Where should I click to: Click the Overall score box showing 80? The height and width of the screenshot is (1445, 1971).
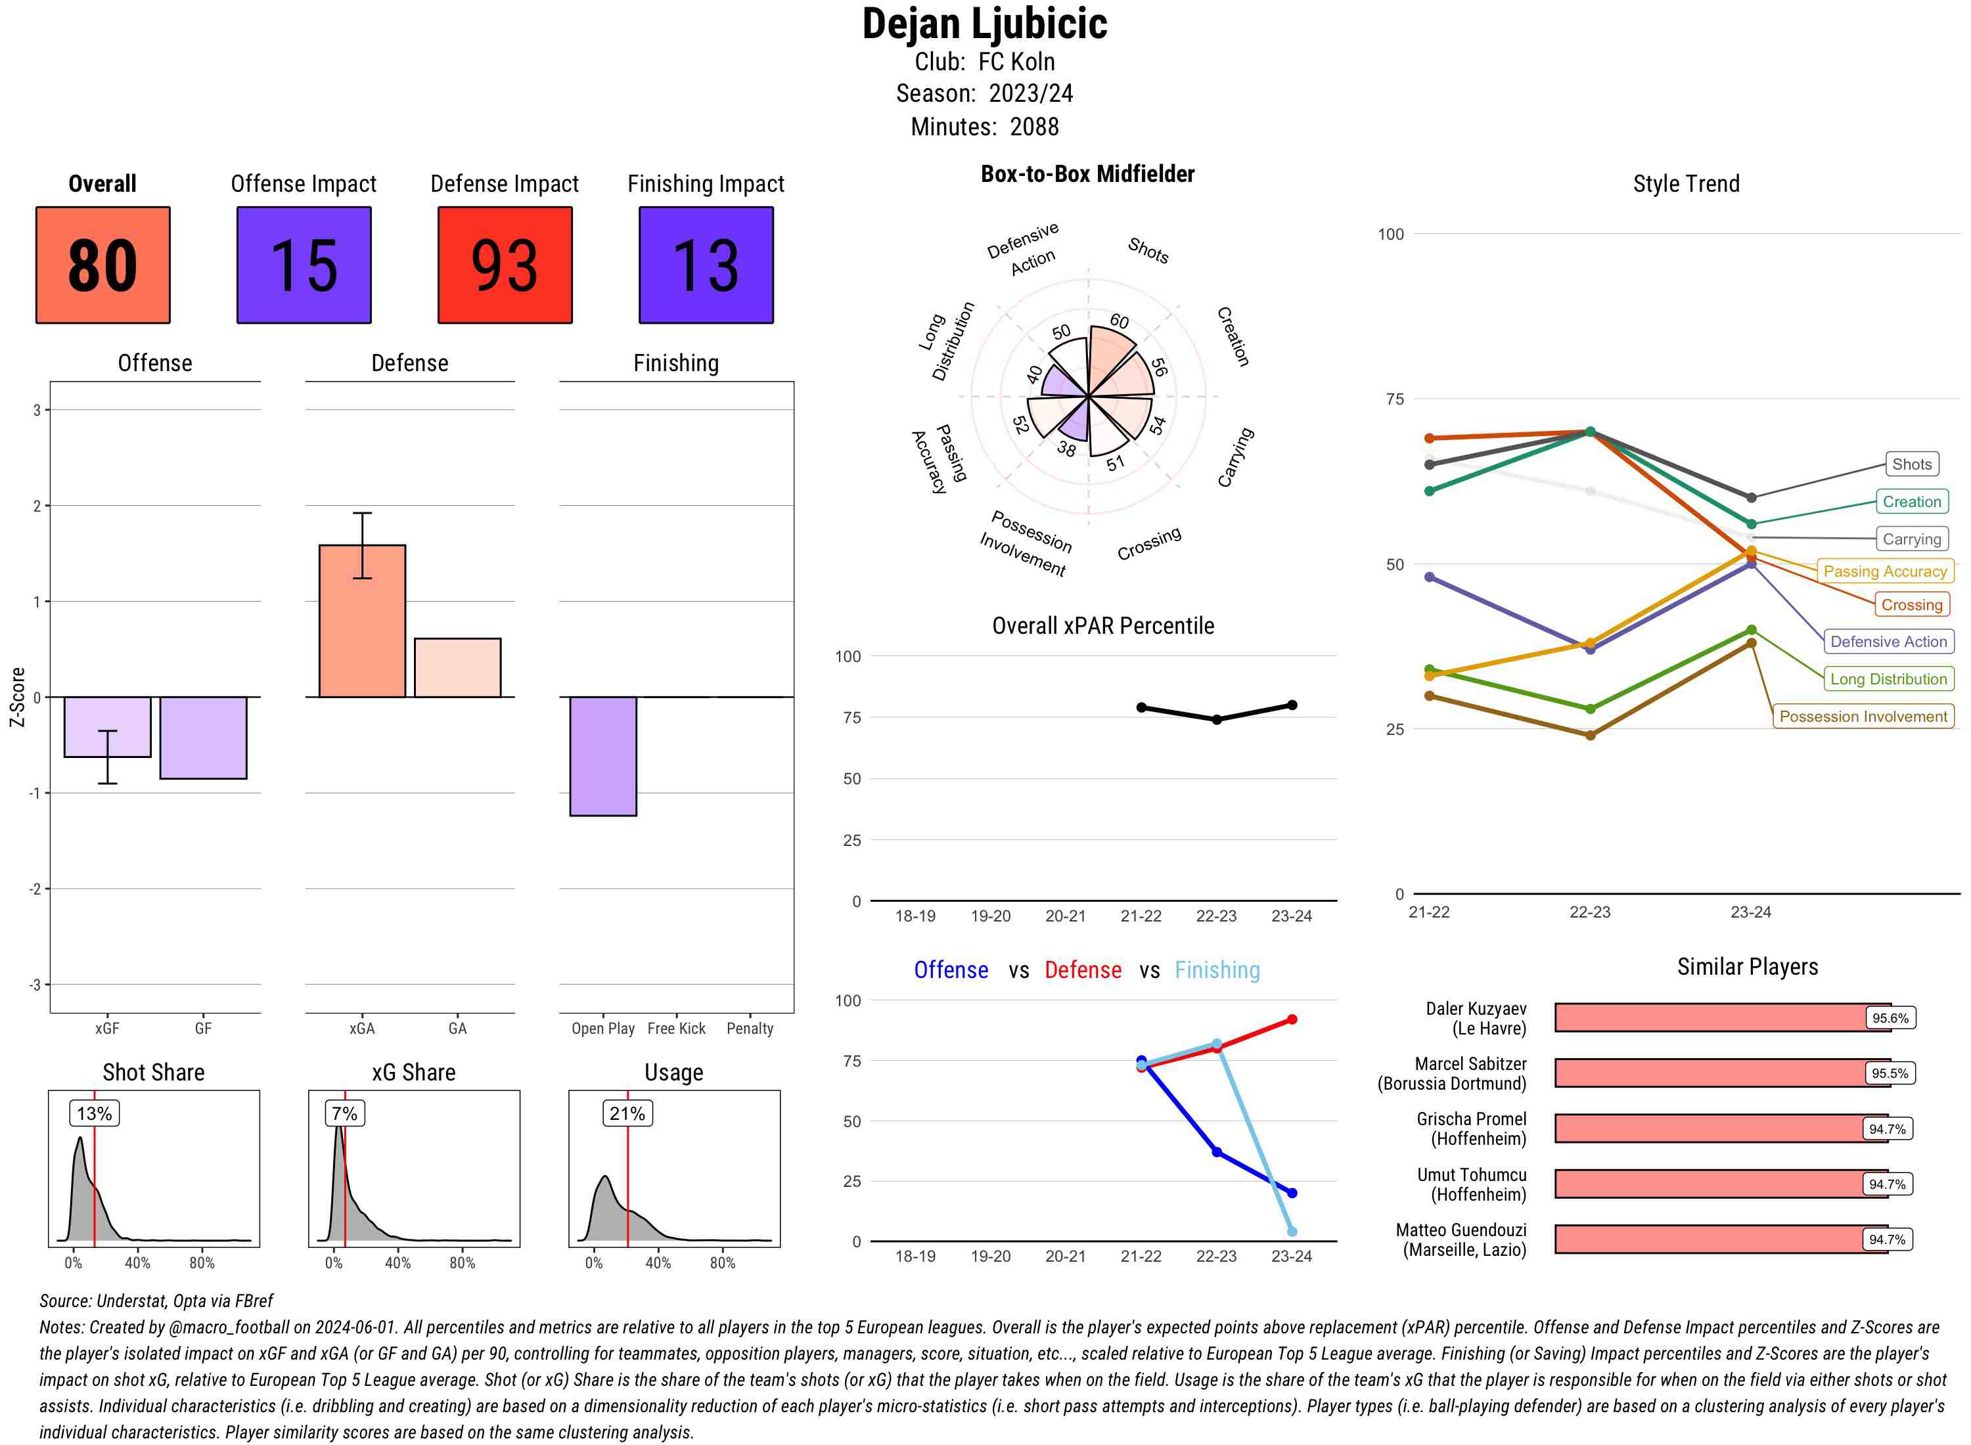(102, 265)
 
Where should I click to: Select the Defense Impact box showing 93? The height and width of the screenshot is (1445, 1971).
(505, 265)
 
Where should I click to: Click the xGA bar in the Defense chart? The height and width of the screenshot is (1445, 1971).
(361, 621)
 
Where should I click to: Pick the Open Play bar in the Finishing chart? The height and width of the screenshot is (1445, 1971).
(602, 756)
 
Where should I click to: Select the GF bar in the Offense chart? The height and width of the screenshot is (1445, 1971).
(203, 738)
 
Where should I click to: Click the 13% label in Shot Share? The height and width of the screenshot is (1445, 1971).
(95, 1113)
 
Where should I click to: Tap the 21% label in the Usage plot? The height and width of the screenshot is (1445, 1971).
(627, 1113)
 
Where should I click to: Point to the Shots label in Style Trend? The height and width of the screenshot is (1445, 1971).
(1911, 464)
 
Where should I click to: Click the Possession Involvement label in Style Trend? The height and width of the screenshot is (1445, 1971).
(1863, 717)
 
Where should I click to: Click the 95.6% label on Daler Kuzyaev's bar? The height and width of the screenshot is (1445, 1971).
(1890, 1018)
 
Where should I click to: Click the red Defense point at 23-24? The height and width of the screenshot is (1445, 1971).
(1291, 1020)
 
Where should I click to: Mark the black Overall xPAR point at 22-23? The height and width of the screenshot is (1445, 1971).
(1216, 720)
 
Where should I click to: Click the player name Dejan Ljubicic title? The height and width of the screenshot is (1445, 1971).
(984, 24)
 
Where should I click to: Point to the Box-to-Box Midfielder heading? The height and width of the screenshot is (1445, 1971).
(1087, 174)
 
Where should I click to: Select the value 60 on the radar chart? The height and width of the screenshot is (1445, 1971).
(1119, 322)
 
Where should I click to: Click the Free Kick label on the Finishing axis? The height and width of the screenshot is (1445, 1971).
(676, 1029)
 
